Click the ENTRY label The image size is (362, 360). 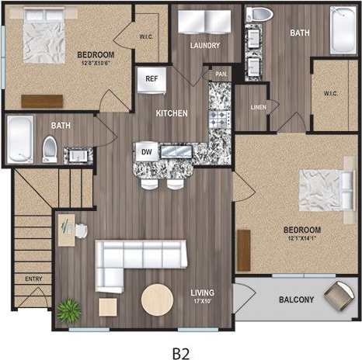(33, 278)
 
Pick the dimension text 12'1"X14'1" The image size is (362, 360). (303, 237)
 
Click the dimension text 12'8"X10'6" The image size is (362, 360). (96, 64)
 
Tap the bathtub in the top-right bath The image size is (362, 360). (341, 29)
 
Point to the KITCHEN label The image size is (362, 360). (171, 113)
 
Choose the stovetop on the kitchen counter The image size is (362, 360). (218, 120)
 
